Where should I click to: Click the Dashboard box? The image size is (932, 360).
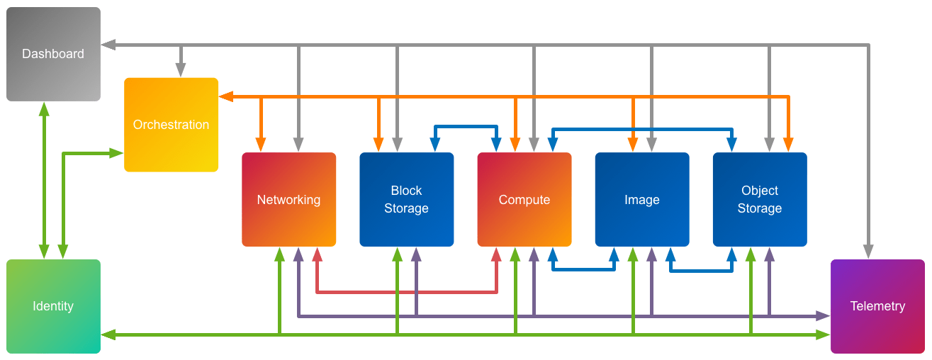coord(53,54)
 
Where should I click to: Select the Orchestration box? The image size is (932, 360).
coord(171,125)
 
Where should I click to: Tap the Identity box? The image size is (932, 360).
coord(53,306)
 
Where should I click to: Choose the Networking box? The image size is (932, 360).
coord(288,199)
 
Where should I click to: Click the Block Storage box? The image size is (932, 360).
coord(406,199)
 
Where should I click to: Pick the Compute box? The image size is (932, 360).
coord(524,199)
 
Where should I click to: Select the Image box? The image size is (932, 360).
coord(641,199)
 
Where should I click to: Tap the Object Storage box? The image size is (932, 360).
coord(759,199)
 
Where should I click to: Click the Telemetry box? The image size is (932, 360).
coord(877,306)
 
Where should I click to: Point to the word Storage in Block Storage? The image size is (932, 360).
coord(406,208)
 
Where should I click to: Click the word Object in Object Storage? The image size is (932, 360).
coord(760,191)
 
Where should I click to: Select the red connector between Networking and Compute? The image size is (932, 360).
coord(407,291)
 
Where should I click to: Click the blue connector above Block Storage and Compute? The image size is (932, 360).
coord(466,128)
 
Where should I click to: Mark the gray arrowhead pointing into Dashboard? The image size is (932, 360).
coord(108,45)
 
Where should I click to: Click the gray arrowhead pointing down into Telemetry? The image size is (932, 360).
coord(868,252)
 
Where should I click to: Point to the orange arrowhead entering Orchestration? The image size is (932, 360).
coord(225,96)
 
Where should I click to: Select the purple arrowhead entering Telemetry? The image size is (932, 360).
coord(823,315)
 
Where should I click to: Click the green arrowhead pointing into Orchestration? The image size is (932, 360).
coord(117,152)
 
